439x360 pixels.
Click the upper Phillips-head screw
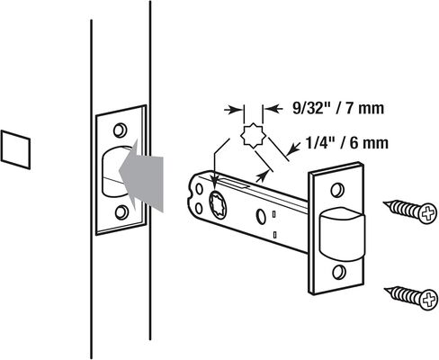(410, 211)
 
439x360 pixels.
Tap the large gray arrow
(141, 175)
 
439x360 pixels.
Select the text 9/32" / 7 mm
(338, 108)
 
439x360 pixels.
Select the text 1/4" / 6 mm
(346, 143)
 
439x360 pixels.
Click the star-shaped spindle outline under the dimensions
(254, 136)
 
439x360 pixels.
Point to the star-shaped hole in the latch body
(219, 202)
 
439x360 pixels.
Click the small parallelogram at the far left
(15, 149)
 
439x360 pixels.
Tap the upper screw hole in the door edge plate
(120, 130)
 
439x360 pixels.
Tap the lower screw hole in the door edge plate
(121, 212)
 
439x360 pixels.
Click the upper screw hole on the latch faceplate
(337, 190)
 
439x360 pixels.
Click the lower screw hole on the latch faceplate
(338, 272)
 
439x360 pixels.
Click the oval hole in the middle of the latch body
(260, 216)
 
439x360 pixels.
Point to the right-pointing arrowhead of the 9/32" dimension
(237, 110)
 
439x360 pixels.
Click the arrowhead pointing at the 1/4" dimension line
(296, 148)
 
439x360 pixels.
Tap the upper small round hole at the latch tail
(199, 189)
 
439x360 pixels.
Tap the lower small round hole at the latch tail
(199, 208)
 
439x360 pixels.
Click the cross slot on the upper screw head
(427, 213)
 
